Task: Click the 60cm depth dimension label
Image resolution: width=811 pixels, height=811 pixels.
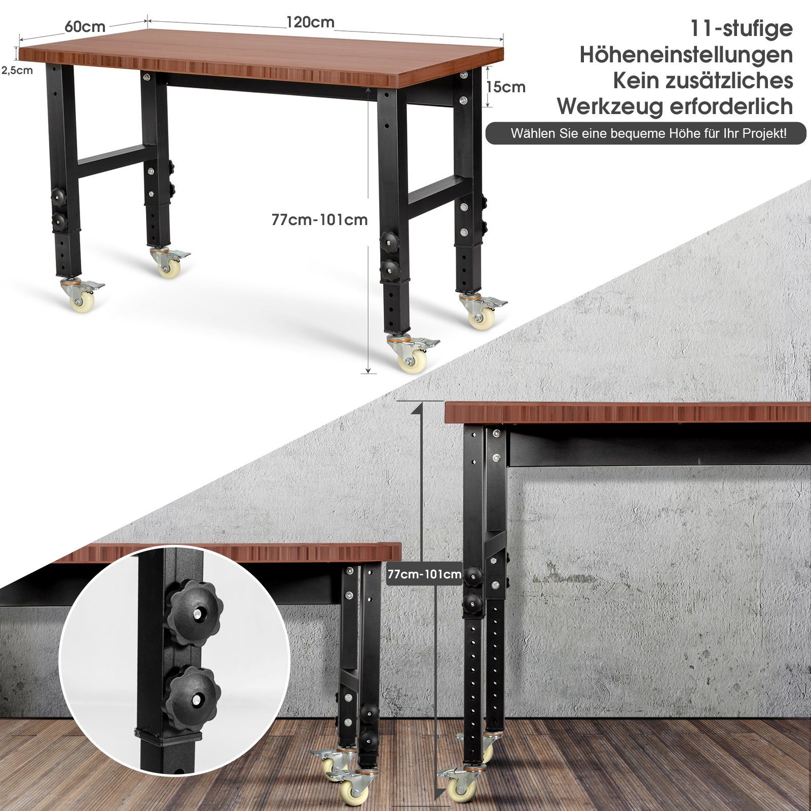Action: pos(85,27)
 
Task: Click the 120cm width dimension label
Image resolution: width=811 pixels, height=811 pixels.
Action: pos(310,22)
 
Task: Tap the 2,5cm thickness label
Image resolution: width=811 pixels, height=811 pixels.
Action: pos(17,70)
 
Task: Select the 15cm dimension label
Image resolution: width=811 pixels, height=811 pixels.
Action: pos(505,87)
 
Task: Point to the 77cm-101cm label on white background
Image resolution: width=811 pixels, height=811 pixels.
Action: pos(319,220)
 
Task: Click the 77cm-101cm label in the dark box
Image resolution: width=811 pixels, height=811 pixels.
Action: pos(425,574)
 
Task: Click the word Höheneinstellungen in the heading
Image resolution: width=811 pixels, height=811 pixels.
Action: pos(686,55)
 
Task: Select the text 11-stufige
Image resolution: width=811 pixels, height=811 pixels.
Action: pos(742,28)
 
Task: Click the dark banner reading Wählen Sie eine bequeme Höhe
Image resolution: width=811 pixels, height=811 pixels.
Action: pos(646,133)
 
